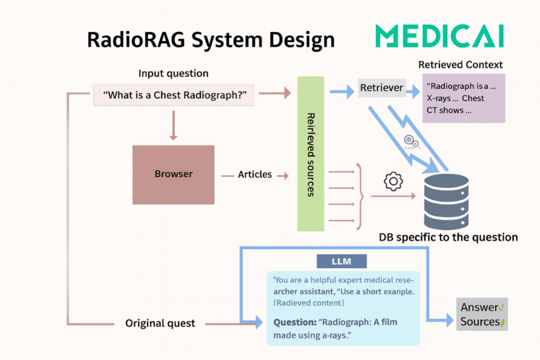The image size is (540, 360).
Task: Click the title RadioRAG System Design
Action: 210,40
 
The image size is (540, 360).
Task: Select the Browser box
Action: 173,174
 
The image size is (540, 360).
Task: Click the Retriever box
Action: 382,88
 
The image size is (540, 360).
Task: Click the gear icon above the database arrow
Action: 393,181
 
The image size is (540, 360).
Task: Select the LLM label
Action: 341,261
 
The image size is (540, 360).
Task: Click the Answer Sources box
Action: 482,315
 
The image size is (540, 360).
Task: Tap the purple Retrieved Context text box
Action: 464,99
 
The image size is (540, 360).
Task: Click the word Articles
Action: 255,174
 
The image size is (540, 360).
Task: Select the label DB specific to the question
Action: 448,237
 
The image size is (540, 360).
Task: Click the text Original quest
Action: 160,323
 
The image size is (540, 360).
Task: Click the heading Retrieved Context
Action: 460,65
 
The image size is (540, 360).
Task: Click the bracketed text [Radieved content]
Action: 308,303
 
